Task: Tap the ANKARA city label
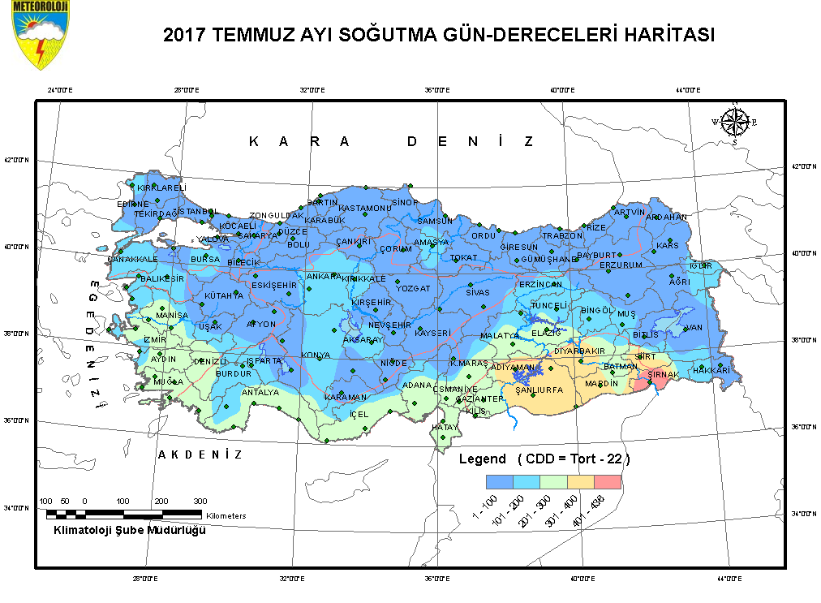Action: pyautogui.click(x=324, y=277)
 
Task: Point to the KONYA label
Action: pyautogui.click(x=315, y=355)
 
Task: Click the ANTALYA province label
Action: pyautogui.click(x=260, y=392)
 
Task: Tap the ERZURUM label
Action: pyautogui.click(x=621, y=265)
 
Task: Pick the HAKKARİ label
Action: pyautogui.click(x=711, y=370)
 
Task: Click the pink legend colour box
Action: pyautogui.click(x=608, y=482)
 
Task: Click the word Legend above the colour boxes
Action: pyautogui.click(x=483, y=459)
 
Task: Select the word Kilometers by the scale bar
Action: pyautogui.click(x=226, y=515)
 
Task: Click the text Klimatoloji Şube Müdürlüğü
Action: pyautogui.click(x=129, y=530)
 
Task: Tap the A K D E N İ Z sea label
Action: pyautogui.click(x=200, y=454)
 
